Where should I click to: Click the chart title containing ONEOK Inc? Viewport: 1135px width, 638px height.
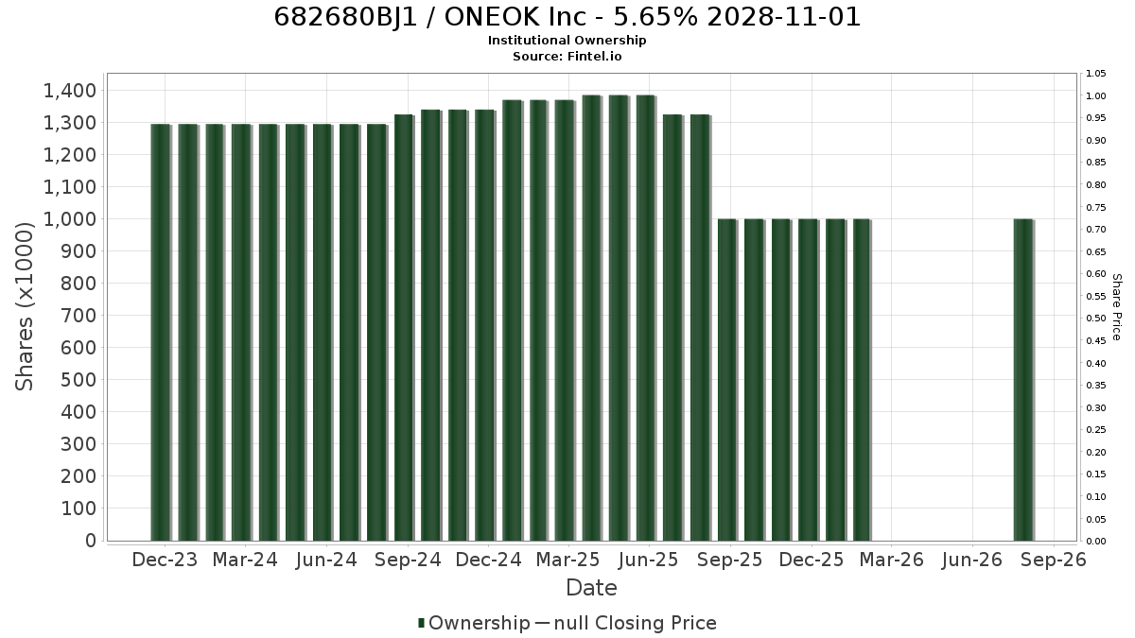point(567,17)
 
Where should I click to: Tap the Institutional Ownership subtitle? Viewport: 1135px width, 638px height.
point(567,41)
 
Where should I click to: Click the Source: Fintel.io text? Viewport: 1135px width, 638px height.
point(567,56)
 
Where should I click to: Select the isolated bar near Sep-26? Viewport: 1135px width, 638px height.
point(1023,380)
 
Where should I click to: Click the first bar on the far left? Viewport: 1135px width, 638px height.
point(161,332)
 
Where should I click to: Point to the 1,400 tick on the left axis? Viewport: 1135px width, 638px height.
point(70,91)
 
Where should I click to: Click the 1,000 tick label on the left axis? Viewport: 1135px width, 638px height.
point(70,219)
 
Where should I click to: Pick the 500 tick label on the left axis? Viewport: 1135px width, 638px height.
point(79,380)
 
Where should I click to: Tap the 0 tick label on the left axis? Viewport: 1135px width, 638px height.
point(91,541)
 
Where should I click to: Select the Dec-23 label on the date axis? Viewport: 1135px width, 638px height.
point(165,560)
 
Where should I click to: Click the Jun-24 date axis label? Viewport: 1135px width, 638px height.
point(326,560)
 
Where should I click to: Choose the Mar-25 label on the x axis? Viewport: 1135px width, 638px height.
point(568,560)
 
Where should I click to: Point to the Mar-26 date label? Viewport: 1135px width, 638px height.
point(892,560)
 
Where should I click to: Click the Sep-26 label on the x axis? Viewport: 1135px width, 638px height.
point(1054,560)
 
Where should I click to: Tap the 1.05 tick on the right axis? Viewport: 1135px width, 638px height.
point(1096,74)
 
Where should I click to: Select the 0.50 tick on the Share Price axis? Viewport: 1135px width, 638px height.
point(1096,319)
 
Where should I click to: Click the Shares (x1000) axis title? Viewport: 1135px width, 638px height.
point(24,306)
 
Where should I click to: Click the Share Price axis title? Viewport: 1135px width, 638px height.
point(1116,307)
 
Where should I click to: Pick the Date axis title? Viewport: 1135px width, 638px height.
point(591,588)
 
